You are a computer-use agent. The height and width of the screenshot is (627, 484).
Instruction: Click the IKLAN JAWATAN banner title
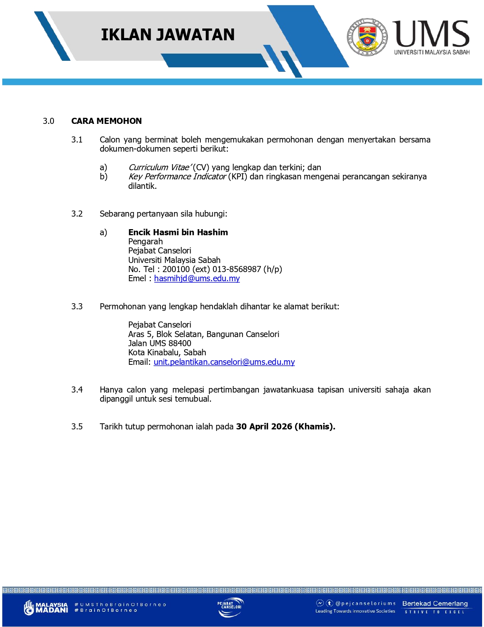pyautogui.click(x=167, y=35)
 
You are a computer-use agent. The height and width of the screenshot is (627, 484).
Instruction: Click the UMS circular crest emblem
pyautogui.click(x=367, y=37)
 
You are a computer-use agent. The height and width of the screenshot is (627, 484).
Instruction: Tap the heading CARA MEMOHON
pyautogui.click(x=106, y=121)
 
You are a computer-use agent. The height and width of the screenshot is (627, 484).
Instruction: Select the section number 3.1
pyautogui.click(x=77, y=140)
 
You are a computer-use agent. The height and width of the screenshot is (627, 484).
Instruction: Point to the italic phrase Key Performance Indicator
pyautogui.click(x=177, y=177)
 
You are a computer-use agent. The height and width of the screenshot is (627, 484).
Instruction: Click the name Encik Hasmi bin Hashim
pyautogui.click(x=178, y=232)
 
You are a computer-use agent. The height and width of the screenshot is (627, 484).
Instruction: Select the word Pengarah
pyautogui.click(x=145, y=242)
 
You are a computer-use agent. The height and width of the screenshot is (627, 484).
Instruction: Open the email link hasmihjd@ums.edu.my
pyautogui.click(x=197, y=279)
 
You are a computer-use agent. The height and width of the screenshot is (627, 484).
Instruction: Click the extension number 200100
pyautogui.click(x=176, y=269)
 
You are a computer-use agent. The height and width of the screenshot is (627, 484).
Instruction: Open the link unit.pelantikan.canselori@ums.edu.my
pyautogui.click(x=224, y=362)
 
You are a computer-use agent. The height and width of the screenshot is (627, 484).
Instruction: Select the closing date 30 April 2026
pyautogui.click(x=264, y=427)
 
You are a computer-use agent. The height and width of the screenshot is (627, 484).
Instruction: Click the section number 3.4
pyautogui.click(x=77, y=390)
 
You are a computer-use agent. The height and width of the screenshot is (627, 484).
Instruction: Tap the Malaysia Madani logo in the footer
pyautogui.click(x=46, y=607)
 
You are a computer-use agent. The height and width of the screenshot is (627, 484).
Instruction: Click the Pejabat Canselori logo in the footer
pyautogui.click(x=230, y=607)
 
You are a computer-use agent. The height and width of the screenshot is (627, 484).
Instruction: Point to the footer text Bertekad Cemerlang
pyautogui.click(x=435, y=603)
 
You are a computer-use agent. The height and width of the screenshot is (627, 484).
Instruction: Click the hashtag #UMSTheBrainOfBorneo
pyautogui.click(x=120, y=604)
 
